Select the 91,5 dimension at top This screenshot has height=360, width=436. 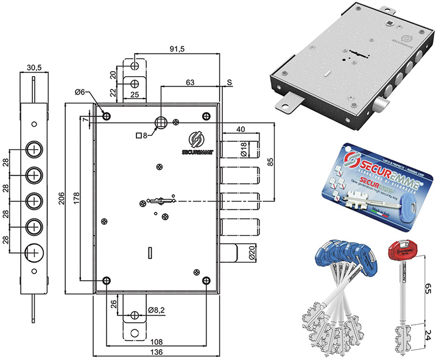point(177,48)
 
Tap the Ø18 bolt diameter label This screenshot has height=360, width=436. point(243,150)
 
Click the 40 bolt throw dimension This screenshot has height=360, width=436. point(241,129)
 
